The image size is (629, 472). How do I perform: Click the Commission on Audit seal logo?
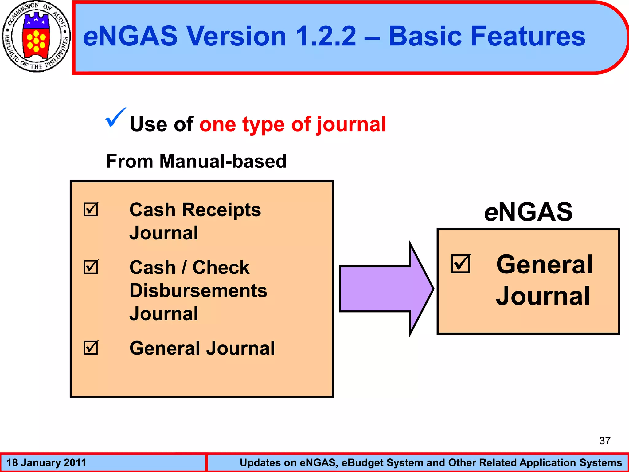(36, 37)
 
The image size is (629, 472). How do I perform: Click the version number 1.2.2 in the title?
(326, 36)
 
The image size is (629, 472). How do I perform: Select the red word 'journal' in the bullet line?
(351, 124)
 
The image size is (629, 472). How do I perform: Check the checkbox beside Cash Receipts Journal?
(91, 209)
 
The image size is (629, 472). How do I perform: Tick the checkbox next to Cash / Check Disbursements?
(91, 267)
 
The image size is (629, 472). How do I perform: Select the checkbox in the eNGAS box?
(461, 264)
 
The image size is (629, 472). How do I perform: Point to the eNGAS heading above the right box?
(528, 212)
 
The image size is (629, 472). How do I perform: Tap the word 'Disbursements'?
(198, 290)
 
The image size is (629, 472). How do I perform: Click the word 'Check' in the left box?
(221, 267)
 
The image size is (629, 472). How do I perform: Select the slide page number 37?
(605, 441)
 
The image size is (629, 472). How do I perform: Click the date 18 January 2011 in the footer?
(46, 462)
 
